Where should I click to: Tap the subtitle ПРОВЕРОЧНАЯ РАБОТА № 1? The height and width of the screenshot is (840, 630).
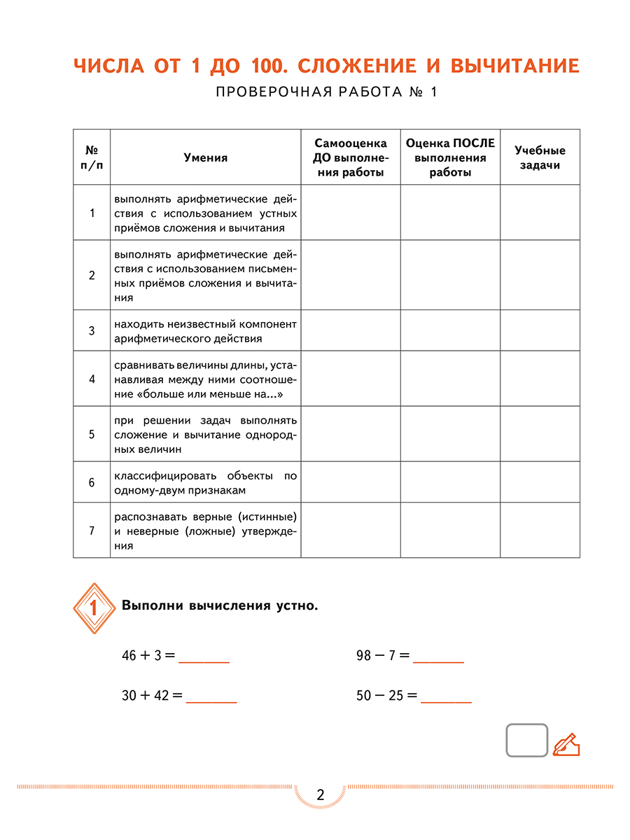[x=326, y=93]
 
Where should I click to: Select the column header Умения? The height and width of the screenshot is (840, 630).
[x=205, y=157]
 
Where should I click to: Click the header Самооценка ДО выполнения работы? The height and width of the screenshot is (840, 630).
[x=350, y=157]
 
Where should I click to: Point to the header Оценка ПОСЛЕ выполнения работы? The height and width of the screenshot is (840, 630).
[x=450, y=157]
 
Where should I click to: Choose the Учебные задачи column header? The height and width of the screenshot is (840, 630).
[x=540, y=157]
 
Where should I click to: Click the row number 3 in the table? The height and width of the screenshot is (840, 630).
[x=92, y=330]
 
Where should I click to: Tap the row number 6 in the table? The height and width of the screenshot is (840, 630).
[x=92, y=482]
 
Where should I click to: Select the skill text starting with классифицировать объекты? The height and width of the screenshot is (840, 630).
[x=205, y=482]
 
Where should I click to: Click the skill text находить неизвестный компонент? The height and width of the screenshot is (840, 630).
[x=205, y=330]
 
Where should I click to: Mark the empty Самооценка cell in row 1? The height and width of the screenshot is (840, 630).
[x=350, y=212]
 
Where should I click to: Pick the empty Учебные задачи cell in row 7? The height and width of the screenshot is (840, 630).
[x=540, y=530]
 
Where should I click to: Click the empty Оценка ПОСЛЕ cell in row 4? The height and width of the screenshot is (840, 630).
[x=450, y=379]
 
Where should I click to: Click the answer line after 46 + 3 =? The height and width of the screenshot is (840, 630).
[x=204, y=658]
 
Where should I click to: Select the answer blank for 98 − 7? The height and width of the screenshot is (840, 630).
[x=438, y=658]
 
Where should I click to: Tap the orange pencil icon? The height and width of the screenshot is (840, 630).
[x=566, y=744]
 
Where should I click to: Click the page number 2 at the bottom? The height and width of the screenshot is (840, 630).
[x=321, y=795]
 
